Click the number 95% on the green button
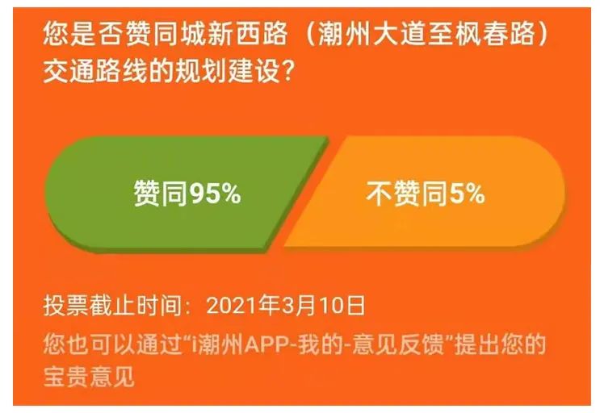pos(216,194)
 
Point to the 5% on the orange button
pos(467,193)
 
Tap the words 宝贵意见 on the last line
pos(89,376)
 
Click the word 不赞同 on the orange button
pos(407,194)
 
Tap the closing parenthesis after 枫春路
pos(543,34)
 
